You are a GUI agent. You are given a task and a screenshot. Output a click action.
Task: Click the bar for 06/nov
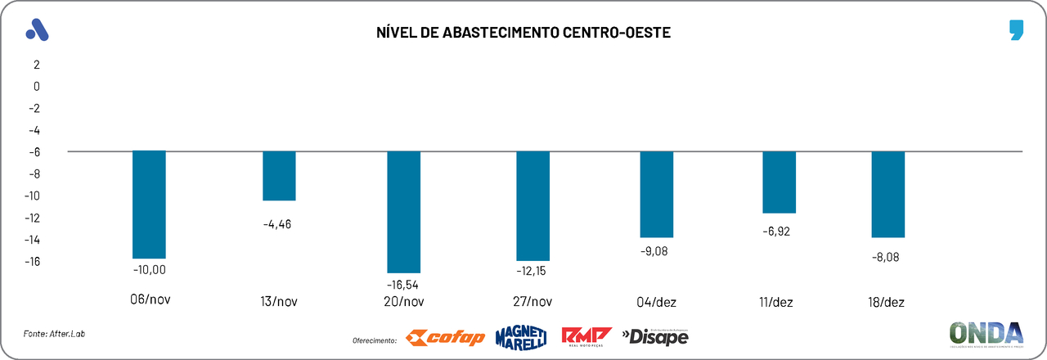(x=149, y=205)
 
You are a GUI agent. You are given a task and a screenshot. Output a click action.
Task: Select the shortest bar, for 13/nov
(x=279, y=176)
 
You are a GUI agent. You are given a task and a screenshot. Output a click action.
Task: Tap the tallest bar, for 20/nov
(x=404, y=212)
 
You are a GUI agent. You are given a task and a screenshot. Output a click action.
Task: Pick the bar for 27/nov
(x=533, y=205)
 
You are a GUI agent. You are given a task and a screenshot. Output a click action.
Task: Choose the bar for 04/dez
(x=657, y=194)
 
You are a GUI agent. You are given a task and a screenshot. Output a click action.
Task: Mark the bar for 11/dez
(x=780, y=182)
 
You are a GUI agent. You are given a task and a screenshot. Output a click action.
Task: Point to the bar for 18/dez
(x=888, y=194)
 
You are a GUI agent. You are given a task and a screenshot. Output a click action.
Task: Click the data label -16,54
(x=404, y=284)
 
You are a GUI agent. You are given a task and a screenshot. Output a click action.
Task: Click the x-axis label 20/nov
(x=404, y=301)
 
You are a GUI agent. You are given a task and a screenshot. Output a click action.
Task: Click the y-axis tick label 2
(x=36, y=64)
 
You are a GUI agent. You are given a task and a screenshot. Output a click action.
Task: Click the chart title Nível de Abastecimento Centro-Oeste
(x=523, y=33)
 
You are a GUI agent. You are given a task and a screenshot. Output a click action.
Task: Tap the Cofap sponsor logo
(x=446, y=337)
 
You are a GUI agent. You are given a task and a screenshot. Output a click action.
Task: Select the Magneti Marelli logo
(x=521, y=337)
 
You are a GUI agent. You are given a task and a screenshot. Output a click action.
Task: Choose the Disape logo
(x=655, y=336)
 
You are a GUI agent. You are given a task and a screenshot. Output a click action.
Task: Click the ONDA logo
(x=986, y=335)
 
